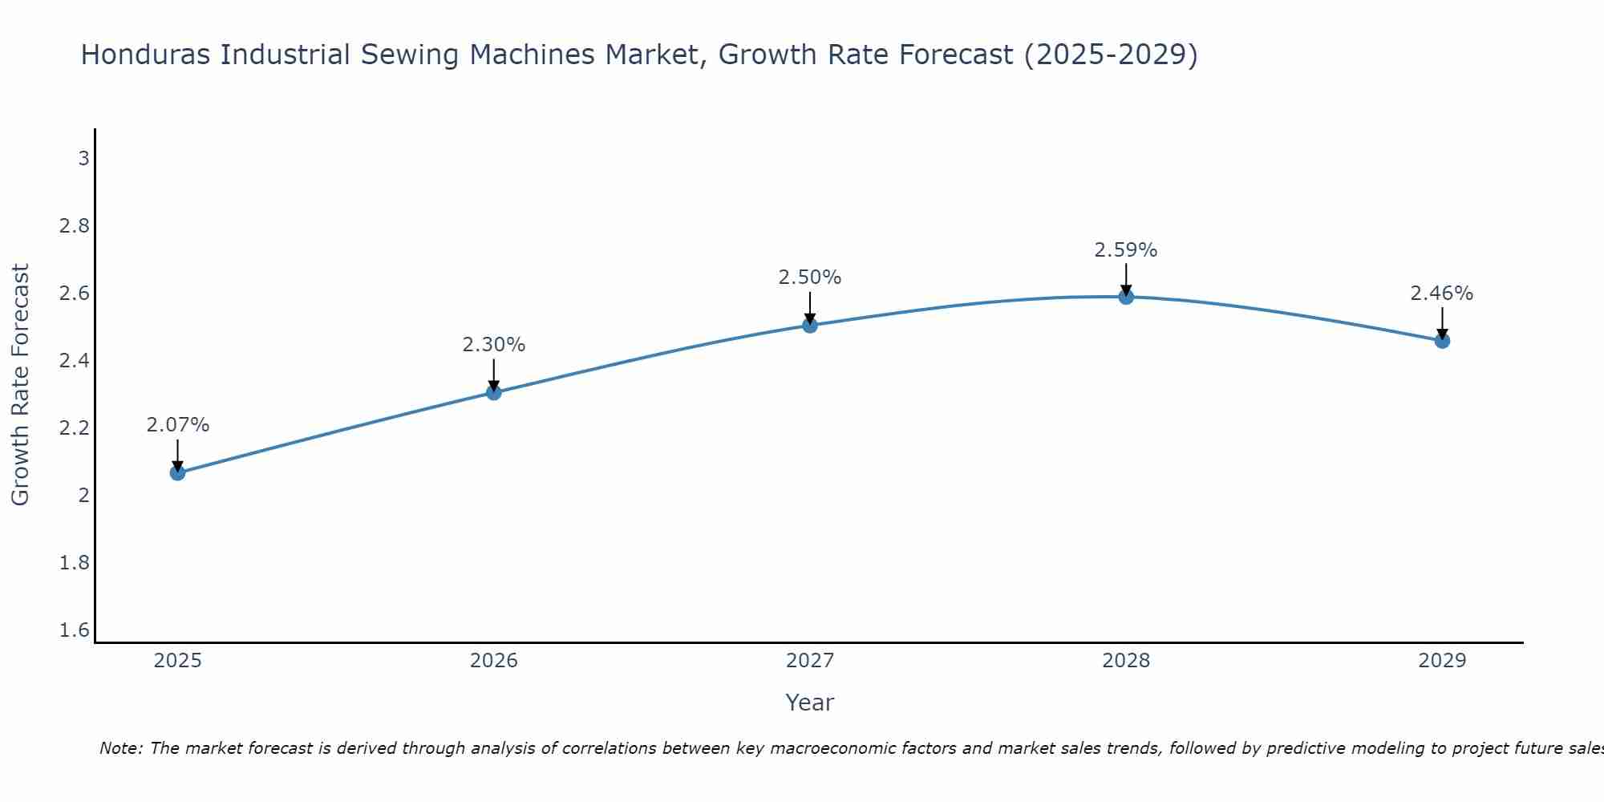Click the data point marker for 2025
pyautogui.click(x=178, y=473)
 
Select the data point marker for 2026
pyautogui.click(x=494, y=392)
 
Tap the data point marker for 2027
pyautogui.click(x=810, y=325)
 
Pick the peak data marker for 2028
pyautogui.click(x=1126, y=297)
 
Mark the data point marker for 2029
pyautogui.click(x=1442, y=341)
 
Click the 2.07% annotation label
pyautogui.click(x=178, y=425)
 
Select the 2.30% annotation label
pyautogui.click(x=494, y=345)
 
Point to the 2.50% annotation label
pyautogui.click(x=810, y=277)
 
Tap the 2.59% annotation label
pyautogui.click(x=1126, y=250)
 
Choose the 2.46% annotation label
pyautogui.click(x=1442, y=294)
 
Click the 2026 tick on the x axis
pyautogui.click(x=494, y=661)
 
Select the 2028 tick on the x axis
pyautogui.click(x=1126, y=661)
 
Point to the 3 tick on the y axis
pyautogui.click(x=83, y=159)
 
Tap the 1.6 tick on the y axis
pyautogui.click(x=75, y=630)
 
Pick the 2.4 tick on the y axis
pyautogui.click(x=75, y=361)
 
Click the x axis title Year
pyautogui.click(x=810, y=703)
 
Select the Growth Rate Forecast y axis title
pyautogui.click(x=20, y=385)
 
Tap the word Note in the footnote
pyautogui.click(x=120, y=748)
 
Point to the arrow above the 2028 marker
pyautogui.click(x=1126, y=279)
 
